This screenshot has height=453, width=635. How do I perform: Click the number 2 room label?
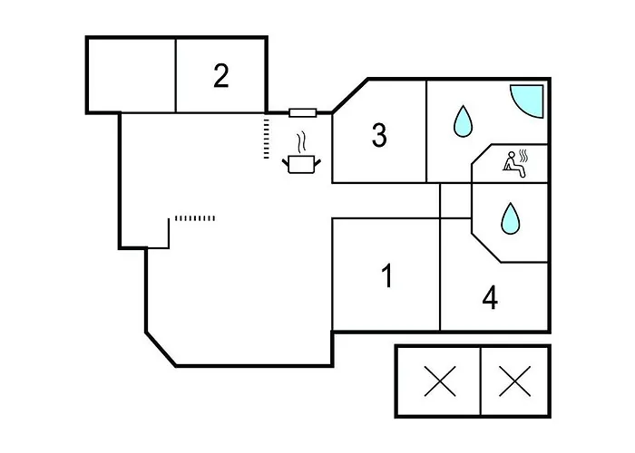pos(221,75)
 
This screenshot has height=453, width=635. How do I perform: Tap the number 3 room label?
pos(379,135)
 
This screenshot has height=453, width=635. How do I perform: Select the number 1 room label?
pos(387,275)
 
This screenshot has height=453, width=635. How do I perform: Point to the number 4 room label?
pos(490,298)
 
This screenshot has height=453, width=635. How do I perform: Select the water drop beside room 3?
pos(463,120)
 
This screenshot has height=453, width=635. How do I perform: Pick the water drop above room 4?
pos(510,218)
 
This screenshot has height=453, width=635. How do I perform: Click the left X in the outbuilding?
pos(440,381)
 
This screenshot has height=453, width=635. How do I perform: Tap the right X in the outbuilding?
pos(514,381)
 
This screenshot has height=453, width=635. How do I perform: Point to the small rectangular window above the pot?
pos(302,113)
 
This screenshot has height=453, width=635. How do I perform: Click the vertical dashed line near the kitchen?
pos(266,139)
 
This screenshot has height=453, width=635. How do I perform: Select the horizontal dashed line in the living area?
pos(195,218)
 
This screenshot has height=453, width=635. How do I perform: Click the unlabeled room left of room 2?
pos(132,76)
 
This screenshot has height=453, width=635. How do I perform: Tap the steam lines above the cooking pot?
pos(301,143)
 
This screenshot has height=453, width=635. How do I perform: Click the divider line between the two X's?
pos(481,381)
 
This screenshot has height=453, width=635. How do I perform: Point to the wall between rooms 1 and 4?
pos(440,275)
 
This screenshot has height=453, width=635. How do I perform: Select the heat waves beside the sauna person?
pos(524,156)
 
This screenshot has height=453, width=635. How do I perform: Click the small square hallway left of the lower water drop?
pos(456,201)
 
